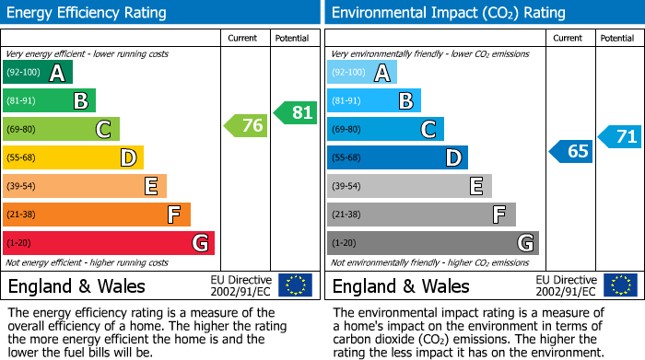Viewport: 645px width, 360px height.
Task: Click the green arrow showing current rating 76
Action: point(246,126)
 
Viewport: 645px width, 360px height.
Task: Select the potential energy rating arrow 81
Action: point(295,113)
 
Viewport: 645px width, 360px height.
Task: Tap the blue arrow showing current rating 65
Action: point(570,151)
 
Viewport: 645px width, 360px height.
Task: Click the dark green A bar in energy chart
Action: point(38,73)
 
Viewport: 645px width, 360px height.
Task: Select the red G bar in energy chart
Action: point(109,243)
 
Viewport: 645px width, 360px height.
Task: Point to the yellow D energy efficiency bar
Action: point(74,158)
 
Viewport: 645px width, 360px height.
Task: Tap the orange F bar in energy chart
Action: point(97,215)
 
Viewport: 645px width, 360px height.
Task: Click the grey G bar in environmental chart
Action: point(433,243)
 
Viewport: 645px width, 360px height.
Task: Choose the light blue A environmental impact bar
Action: point(362,73)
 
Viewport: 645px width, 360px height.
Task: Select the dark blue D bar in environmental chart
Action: point(397,158)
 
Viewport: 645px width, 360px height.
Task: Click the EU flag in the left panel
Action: point(295,285)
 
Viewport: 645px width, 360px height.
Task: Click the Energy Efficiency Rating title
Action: point(87,13)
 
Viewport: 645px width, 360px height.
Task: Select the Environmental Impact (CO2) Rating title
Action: point(448,13)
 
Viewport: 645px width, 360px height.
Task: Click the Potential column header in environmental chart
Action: point(617,38)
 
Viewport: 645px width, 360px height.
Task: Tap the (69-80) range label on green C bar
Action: point(23,130)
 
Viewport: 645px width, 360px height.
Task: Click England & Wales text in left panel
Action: point(76,285)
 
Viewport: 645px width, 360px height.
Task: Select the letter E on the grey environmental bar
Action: point(475,187)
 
